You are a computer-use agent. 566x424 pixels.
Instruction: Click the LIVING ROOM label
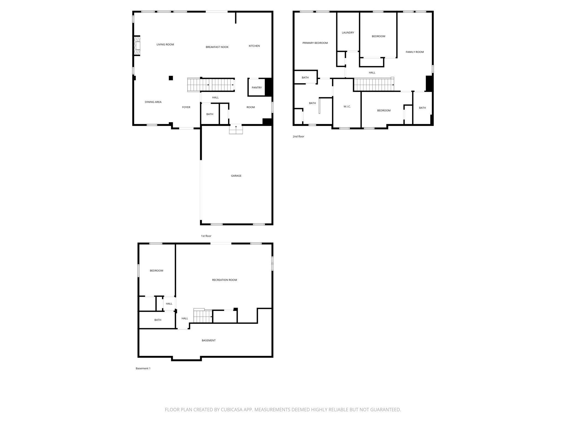pyautogui.click(x=165, y=44)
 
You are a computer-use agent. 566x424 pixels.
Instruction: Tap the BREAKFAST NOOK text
pyautogui.click(x=217, y=47)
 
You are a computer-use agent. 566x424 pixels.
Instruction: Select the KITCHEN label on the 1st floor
pyautogui.click(x=254, y=46)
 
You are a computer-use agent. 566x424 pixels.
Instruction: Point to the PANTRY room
pyautogui.click(x=257, y=88)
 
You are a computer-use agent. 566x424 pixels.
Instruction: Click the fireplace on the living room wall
pyautogui.click(x=137, y=46)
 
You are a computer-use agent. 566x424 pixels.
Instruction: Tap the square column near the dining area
pyautogui.click(x=171, y=78)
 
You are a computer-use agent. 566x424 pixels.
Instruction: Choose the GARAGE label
pyautogui.click(x=236, y=176)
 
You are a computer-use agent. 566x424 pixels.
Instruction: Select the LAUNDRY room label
pyautogui.click(x=348, y=33)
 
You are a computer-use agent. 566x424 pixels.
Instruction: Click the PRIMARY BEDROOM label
pyautogui.click(x=315, y=43)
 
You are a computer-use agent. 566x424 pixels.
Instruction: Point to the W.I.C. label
pyautogui.click(x=347, y=107)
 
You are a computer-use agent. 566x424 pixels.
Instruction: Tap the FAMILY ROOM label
pyautogui.click(x=415, y=52)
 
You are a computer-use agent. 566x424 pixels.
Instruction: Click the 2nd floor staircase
pyautogui.click(x=374, y=85)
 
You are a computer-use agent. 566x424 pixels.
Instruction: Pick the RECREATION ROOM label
pyautogui.click(x=224, y=280)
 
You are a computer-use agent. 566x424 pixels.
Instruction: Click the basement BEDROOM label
pyautogui.click(x=156, y=271)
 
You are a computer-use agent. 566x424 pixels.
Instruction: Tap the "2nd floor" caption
pyautogui.click(x=298, y=137)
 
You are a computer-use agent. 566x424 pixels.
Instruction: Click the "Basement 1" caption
pyautogui.click(x=143, y=369)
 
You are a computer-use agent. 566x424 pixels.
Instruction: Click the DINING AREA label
pyautogui.click(x=153, y=102)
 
